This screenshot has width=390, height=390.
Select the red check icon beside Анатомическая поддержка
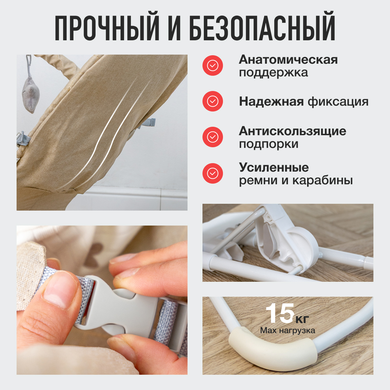pyautogui.click(x=213, y=66)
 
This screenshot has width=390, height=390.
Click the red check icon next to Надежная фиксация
pyautogui.click(x=213, y=101)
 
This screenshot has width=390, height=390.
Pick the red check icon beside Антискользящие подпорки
pyautogui.click(x=213, y=137)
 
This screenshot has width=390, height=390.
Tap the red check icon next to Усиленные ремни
pyautogui.click(x=213, y=174)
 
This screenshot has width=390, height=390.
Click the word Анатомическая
pyautogui.click(x=288, y=60)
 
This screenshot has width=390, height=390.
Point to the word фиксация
pyautogui.click(x=338, y=102)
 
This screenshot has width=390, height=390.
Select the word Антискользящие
pyautogui.click(x=292, y=132)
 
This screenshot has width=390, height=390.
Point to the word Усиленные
pyautogui.click(x=274, y=168)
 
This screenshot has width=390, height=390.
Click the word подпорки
pyautogui.click(x=268, y=144)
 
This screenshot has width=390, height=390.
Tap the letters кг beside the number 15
pyautogui.click(x=302, y=319)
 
